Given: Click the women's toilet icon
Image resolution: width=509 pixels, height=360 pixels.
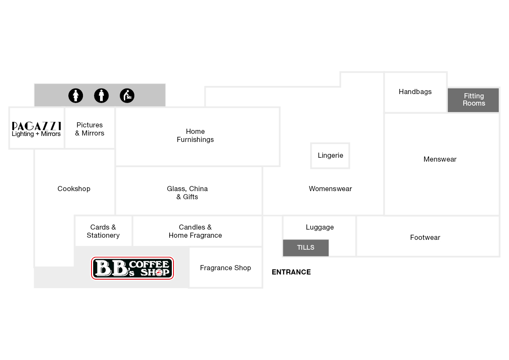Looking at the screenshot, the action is pyautogui.click(x=76, y=96).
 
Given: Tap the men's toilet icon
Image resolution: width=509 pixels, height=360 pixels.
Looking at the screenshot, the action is pyautogui.click(x=101, y=96).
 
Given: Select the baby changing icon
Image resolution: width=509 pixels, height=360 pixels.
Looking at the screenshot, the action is pyautogui.click(x=127, y=96).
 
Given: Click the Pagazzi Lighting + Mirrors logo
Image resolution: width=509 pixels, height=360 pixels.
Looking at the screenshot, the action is pyautogui.click(x=36, y=129).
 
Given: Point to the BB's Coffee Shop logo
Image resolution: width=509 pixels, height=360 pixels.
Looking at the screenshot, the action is pyautogui.click(x=132, y=268).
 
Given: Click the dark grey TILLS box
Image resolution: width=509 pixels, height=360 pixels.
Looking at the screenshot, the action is pyautogui.click(x=306, y=248).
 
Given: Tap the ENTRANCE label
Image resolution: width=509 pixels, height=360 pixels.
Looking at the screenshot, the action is pyautogui.click(x=291, y=272).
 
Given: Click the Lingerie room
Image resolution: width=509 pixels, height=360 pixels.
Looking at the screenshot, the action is pyautogui.click(x=330, y=156).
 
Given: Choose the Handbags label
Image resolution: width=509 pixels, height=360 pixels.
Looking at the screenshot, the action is pyautogui.click(x=415, y=92).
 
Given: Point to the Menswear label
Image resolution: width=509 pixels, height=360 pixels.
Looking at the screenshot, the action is pyautogui.click(x=440, y=159).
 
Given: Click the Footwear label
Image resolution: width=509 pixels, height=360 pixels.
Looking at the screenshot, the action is pyautogui.click(x=425, y=237).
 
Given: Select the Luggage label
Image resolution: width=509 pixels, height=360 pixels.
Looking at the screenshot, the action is pyautogui.click(x=320, y=227).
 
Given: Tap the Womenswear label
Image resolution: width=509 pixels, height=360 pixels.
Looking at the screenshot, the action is pyautogui.click(x=330, y=189).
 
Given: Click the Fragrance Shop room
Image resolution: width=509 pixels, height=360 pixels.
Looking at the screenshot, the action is pyautogui.click(x=226, y=268).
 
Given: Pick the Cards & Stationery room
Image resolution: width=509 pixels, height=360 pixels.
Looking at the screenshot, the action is pyautogui.click(x=103, y=231).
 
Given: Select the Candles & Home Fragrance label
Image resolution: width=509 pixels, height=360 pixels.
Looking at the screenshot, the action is pyautogui.click(x=195, y=231).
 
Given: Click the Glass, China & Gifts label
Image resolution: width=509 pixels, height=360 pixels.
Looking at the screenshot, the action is pyautogui.click(x=187, y=192).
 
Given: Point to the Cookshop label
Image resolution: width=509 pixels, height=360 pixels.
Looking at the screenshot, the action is pyautogui.click(x=74, y=189).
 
